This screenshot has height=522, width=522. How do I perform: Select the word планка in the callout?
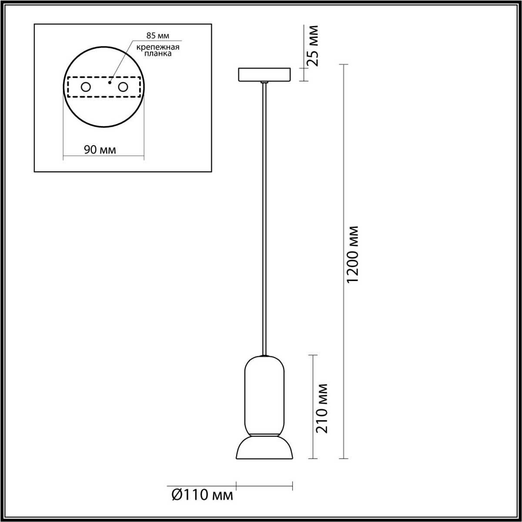(x=156, y=54)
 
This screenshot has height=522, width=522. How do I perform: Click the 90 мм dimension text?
(x=100, y=150)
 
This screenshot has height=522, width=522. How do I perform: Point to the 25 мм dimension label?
(x=312, y=45)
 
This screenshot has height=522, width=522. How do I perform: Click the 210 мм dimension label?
(x=322, y=408)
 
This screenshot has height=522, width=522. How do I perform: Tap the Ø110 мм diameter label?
(x=202, y=495)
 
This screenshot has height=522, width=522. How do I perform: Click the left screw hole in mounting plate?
(x=86, y=87)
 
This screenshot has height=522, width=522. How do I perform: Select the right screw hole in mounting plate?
(x=123, y=87)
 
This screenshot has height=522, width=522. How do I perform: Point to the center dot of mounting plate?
(x=110, y=81)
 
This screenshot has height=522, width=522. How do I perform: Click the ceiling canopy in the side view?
(x=264, y=74)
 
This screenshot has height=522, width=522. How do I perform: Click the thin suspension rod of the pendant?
(x=264, y=217)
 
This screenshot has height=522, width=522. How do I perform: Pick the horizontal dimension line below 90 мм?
(x=104, y=156)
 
